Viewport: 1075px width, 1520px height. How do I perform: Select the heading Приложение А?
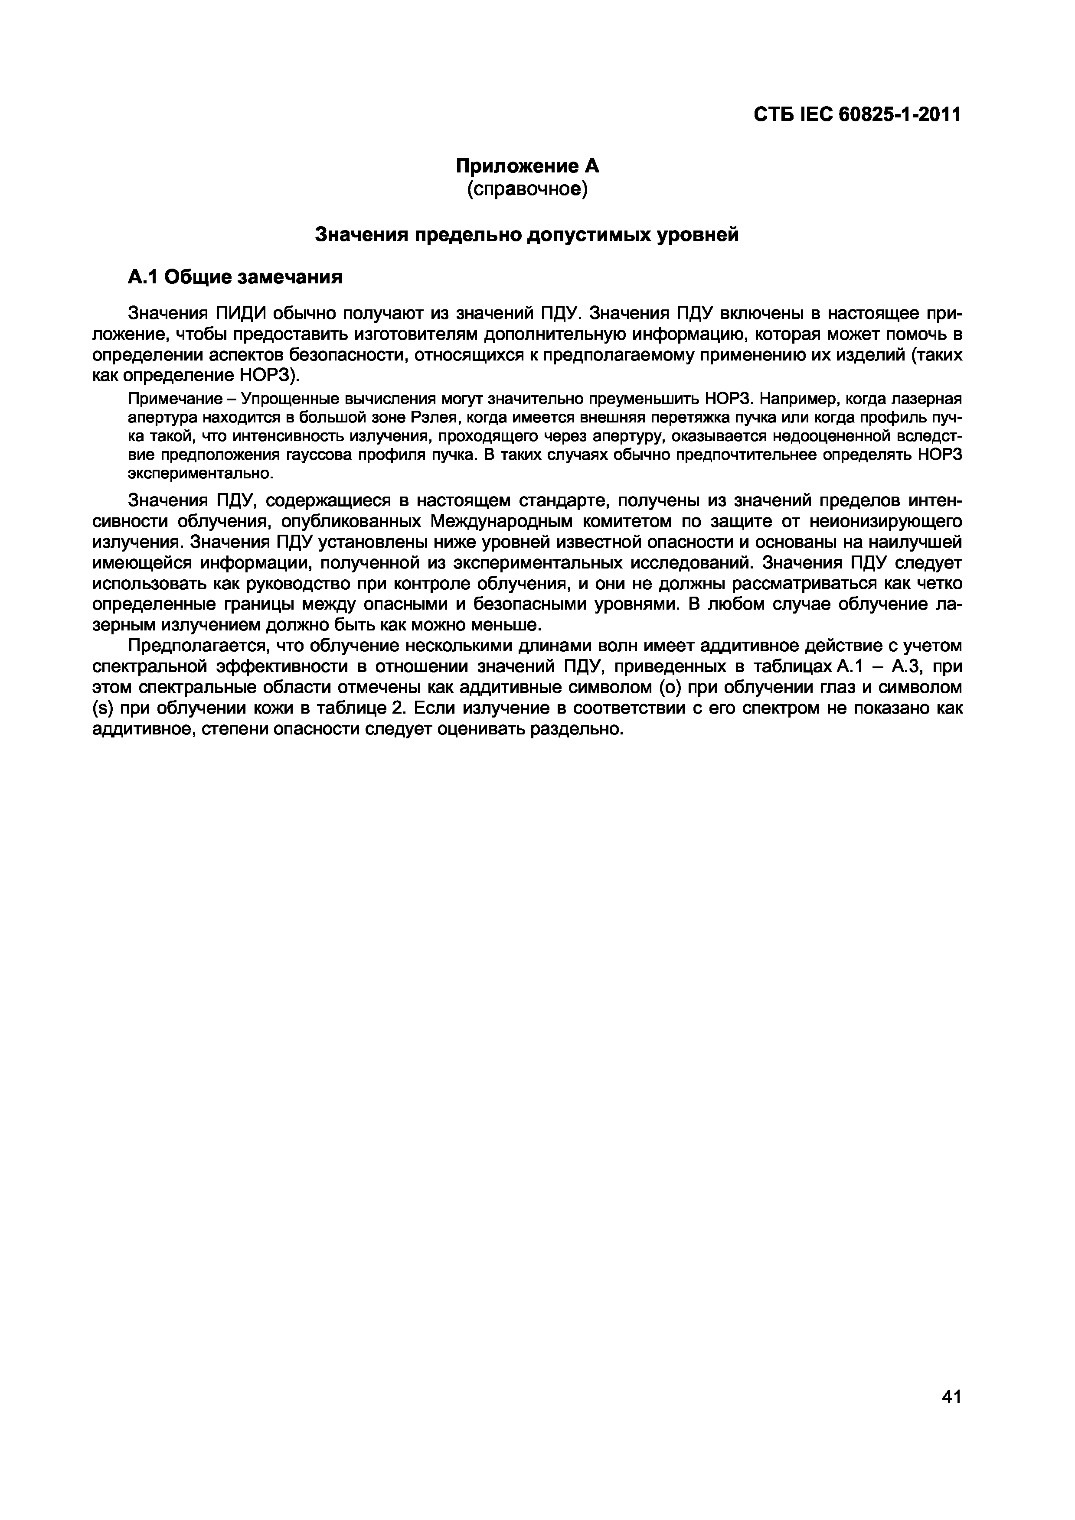[526, 166]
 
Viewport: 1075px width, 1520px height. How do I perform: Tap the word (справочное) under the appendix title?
[527, 190]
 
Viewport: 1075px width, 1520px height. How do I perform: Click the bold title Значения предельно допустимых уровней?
[526, 234]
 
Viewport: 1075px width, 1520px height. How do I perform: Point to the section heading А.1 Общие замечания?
[235, 277]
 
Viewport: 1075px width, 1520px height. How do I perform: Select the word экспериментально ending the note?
[199, 474]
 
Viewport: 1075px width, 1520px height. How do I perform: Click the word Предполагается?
[197, 646]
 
